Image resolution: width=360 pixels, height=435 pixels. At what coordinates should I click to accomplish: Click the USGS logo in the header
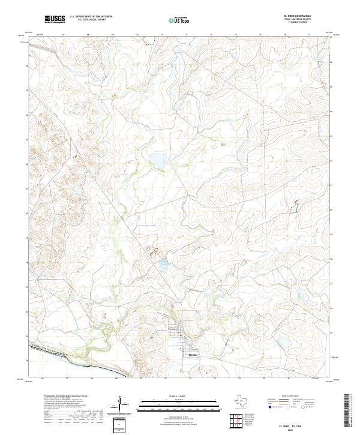pos(55,20)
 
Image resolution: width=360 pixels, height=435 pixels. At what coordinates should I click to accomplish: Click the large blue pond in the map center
pos(158,160)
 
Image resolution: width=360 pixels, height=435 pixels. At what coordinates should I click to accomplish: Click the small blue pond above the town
pos(164,262)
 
